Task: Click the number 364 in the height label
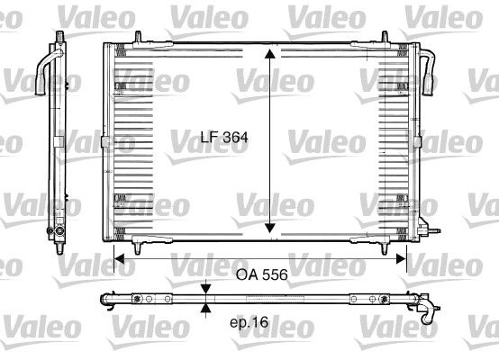tap(233, 139)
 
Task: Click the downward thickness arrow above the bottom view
tap(207, 288)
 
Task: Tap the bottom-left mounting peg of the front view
tap(135, 245)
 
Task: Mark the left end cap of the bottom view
tap(106, 298)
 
